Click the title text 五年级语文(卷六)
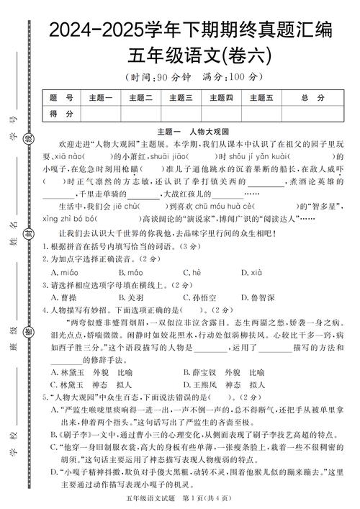click(x=190, y=55)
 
